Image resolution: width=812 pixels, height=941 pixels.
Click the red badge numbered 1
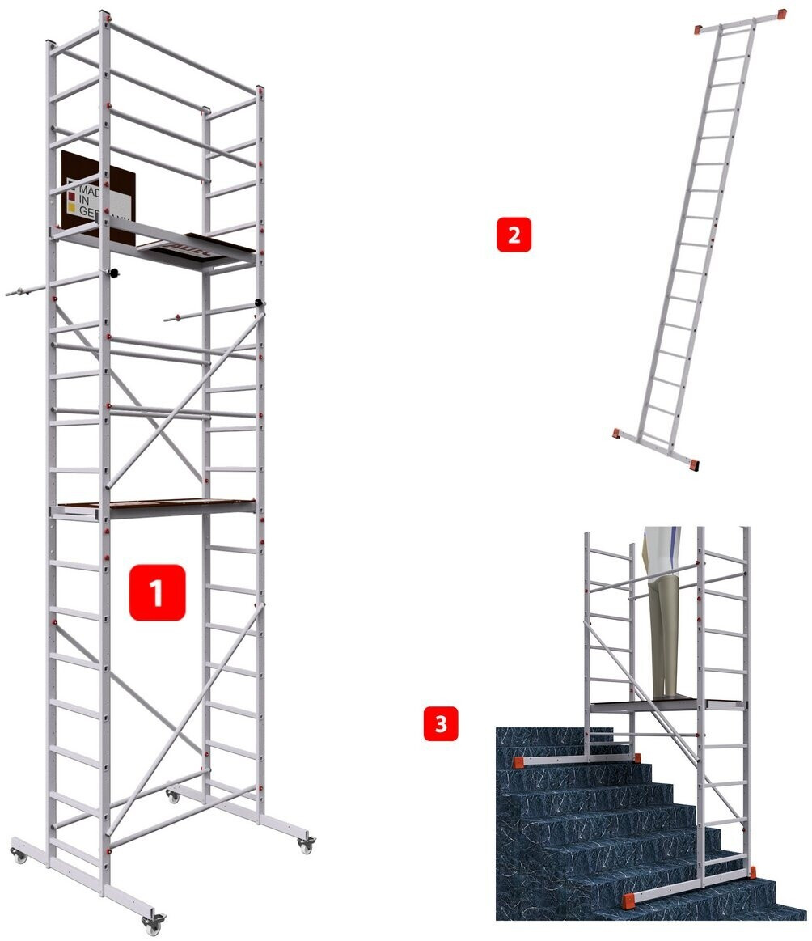point(158,592)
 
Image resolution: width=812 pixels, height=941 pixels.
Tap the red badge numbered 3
point(441,723)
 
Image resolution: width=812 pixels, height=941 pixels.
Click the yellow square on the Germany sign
point(70,207)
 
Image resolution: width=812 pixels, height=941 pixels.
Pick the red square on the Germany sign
point(70,194)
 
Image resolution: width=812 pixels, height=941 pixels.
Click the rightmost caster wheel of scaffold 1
point(306,846)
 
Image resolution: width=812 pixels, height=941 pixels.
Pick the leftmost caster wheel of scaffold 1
point(17,854)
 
